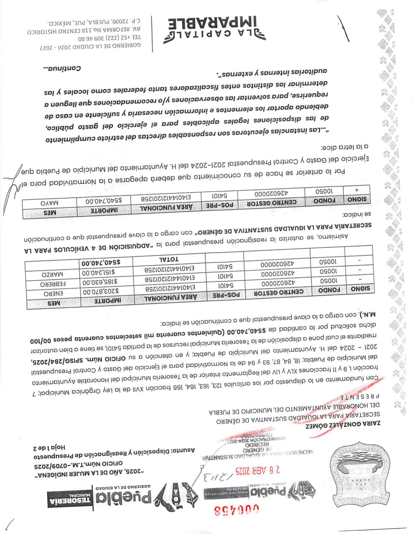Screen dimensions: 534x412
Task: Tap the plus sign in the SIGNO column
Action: click(357, 190)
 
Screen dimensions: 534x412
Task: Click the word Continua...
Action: click(62, 69)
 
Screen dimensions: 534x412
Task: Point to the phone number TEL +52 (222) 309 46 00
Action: click(107, 37)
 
